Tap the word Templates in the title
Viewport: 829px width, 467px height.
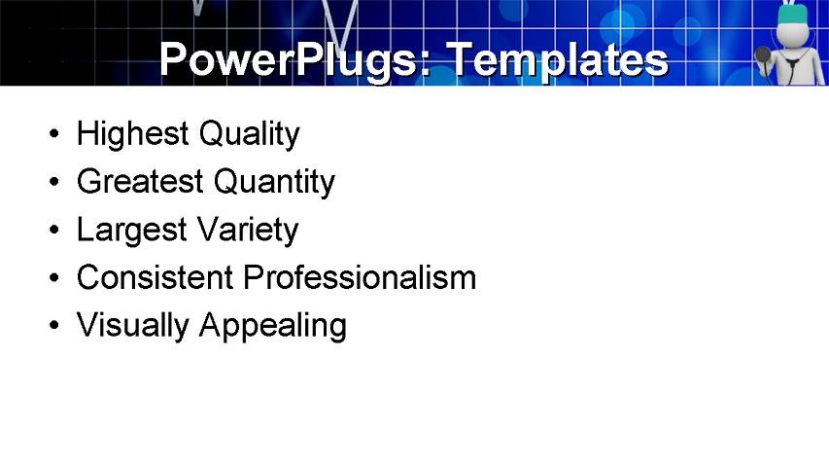pyautogui.click(x=556, y=60)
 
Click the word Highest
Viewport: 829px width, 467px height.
pyautogui.click(x=133, y=133)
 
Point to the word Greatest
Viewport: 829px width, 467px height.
pyautogui.click(x=139, y=181)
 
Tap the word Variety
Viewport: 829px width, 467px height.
pyautogui.click(x=247, y=231)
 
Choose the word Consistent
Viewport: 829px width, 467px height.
pyautogui.click(x=155, y=277)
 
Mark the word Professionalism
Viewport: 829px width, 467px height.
pyautogui.click(x=360, y=277)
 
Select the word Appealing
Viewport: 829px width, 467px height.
pyautogui.click(x=272, y=326)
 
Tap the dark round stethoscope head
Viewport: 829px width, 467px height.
pyautogui.click(x=764, y=55)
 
